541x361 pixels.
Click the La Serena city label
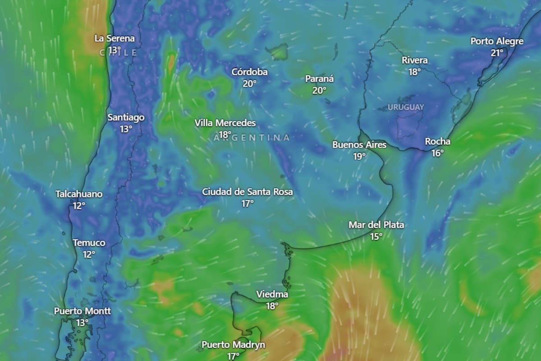pos(115,38)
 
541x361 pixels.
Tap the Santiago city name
pos(126,117)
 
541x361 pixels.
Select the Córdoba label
pos(250,72)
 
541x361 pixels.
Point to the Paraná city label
pos(320,79)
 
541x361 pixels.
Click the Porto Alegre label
pos(497,41)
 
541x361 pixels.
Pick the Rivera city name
pos(415,60)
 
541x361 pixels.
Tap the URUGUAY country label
pos(406,107)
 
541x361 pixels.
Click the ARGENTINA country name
pos(252,138)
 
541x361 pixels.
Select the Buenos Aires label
pos(359,145)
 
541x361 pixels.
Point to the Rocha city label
pos(437,141)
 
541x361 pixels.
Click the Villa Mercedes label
pos(225,123)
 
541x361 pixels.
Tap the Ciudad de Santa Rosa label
pos(248,192)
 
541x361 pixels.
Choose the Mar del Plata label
pos(376,225)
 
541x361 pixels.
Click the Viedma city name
pos(272,294)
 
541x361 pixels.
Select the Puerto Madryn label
pos(233,345)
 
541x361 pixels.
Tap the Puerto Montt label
pos(83,311)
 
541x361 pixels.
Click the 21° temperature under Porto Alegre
pos(497,52)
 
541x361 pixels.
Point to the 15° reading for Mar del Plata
pos(376,236)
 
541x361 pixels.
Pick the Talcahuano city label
pos(79,194)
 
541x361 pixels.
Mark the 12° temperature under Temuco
pos(89,254)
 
